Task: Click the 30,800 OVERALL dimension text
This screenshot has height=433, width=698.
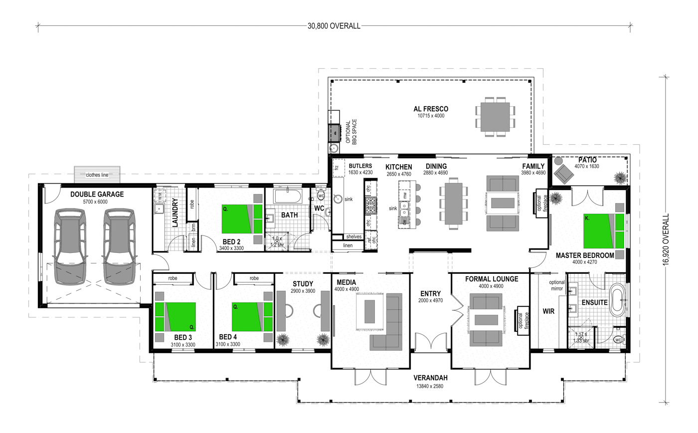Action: [x=334, y=26]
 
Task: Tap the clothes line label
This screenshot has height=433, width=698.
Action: [x=97, y=175]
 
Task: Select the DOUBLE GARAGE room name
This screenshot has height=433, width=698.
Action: [x=97, y=194]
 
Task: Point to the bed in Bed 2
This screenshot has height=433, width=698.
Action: [x=242, y=219]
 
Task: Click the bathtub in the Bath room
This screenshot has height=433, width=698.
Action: [x=287, y=197]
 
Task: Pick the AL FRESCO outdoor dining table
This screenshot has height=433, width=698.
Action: [x=495, y=117]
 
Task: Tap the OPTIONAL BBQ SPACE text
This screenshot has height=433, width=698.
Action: [x=351, y=132]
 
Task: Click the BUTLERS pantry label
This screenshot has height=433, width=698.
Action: [x=360, y=166]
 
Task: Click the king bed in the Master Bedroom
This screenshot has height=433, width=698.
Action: [x=604, y=231]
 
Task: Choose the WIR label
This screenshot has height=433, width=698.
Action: [x=548, y=311]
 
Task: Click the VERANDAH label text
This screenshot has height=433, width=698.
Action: [x=430, y=378]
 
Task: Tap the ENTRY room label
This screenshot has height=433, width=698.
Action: [x=430, y=294]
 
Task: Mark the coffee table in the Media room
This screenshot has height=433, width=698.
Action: [x=369, y=311]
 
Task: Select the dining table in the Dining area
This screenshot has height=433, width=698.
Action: [x=454, y=203]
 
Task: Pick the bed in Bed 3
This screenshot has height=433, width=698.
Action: [x=175, y=317]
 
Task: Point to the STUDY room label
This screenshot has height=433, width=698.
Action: [x=303, y=284]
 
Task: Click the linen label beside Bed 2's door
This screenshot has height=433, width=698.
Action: [x=193, y=242]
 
